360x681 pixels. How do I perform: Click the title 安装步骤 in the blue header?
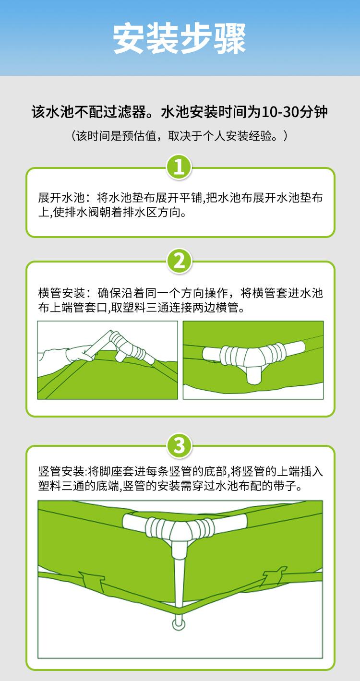coord(180,38)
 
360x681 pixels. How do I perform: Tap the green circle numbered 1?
coord(179,167)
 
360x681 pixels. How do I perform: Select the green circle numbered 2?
coord(179,261)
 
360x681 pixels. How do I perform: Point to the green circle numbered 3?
coord(179,446)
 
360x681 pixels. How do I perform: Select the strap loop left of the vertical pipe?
coord(92,580)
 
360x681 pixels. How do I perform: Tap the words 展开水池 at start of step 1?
coord(61,198)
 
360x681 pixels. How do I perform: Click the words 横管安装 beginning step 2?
coord(61,293)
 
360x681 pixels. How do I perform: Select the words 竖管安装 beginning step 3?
coord(61,472)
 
